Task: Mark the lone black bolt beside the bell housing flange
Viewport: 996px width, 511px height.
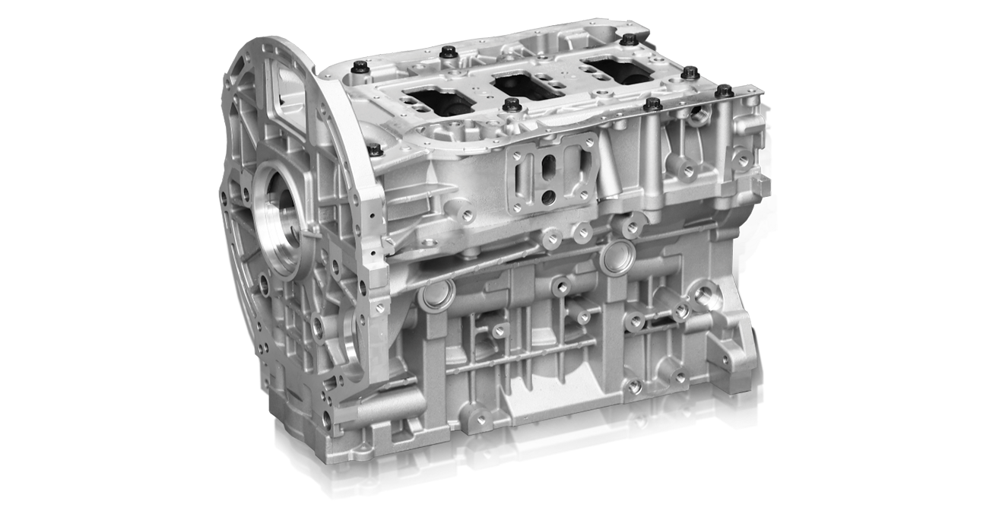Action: click(x=374, y=148)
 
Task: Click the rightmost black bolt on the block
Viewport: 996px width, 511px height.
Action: click(x=723, y=91)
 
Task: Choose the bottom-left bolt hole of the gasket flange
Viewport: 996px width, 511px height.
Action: click(x=516, y=205)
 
